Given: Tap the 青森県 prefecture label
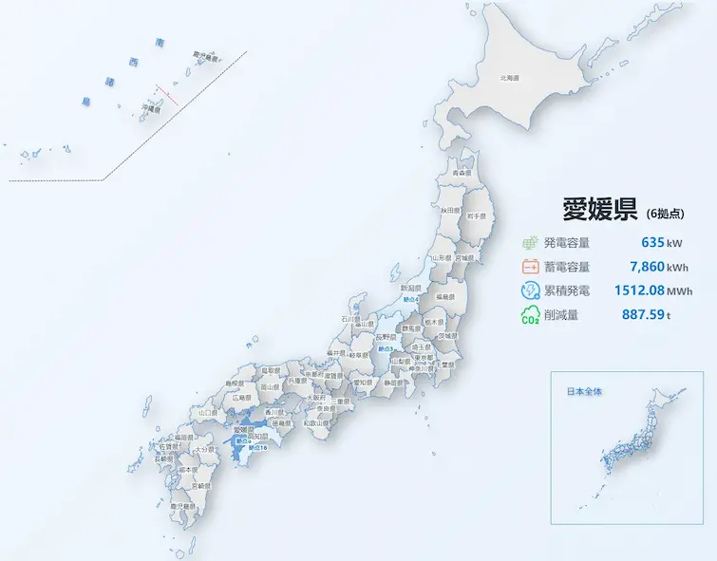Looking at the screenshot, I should [462, 175].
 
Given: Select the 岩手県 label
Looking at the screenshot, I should [476, 217].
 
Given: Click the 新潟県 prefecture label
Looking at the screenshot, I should [410, 289].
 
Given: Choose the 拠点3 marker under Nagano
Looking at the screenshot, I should [384, 348].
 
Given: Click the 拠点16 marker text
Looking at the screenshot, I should [256, 446].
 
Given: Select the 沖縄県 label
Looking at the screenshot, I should [151, 109].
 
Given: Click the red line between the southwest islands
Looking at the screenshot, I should [167, 93].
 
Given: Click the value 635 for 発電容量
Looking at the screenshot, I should [652, 243].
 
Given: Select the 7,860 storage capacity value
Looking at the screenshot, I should [645, 267].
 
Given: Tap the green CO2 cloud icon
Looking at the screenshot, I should [530, 315].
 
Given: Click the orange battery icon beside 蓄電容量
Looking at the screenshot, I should [530, 267].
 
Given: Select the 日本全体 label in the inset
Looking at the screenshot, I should [584, 391].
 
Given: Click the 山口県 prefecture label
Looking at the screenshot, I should [206, 413].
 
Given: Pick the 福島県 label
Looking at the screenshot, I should [444, 298].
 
